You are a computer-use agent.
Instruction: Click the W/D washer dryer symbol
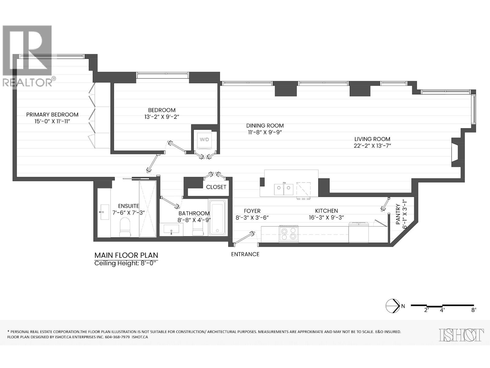click(x=204, y=140)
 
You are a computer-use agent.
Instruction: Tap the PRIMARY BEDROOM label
click(x=52, y=114)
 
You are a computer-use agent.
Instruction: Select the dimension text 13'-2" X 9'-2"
click(x=162, y=117)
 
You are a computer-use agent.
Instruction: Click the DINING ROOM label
click(x=265, y=125)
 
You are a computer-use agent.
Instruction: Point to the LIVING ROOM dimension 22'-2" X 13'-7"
click(x=372, y=146)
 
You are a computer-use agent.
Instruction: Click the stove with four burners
click(x=288, y=234)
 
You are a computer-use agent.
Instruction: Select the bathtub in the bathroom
click(x=217, y=217)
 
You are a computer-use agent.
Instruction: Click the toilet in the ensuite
click(x=125, y=227)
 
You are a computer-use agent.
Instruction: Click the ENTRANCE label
click(x=245, y=254)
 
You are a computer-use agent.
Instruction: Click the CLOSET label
click(x=216, y=187)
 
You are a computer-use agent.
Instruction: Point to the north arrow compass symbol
click(x=392, y=305)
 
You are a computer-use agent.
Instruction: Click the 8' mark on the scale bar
click(x=473, y=310)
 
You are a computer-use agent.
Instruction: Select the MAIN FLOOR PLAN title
click(x=126, y=255)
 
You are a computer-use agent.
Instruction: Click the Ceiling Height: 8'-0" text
click(x=125, y=263)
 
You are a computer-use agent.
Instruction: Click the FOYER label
click(x=252, y=211)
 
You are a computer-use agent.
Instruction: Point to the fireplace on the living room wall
click(x=456, y=152)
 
